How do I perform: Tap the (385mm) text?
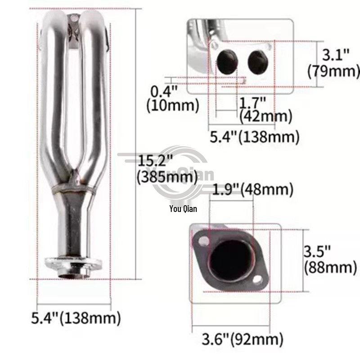[167, 177]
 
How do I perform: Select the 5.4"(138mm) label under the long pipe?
[76, 318]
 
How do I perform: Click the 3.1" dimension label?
[336, 55]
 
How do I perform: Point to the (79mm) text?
[333, 71]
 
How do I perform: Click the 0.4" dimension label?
[164, 91]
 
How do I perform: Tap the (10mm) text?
[173, 105]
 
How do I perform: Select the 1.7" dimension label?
[252, 103]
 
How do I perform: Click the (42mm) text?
[265, 117]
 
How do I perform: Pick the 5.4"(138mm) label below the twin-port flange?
[255, 137]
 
